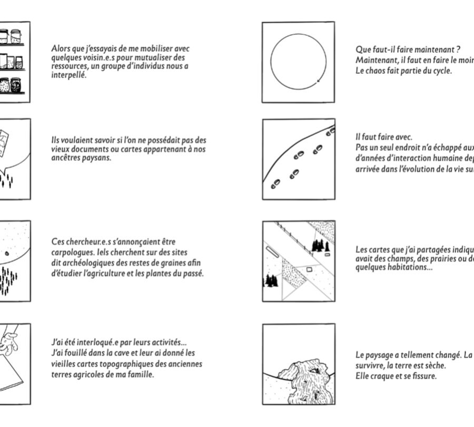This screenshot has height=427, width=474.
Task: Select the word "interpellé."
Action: [x=68, y=75]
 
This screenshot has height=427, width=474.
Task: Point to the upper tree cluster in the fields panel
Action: [x=320, y=245]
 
